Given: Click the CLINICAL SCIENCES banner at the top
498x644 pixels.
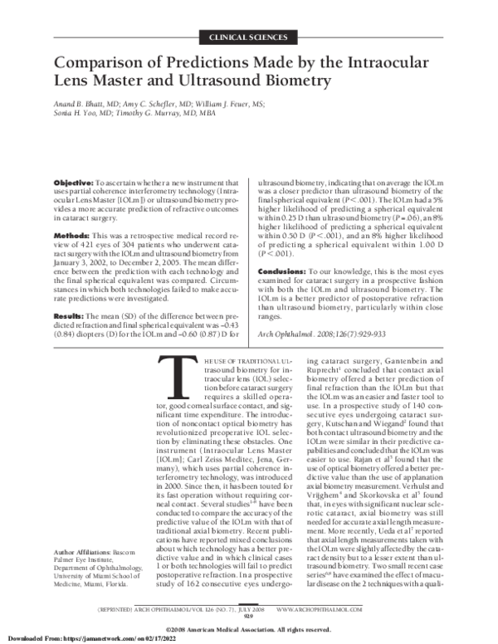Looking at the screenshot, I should point(249,37).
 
